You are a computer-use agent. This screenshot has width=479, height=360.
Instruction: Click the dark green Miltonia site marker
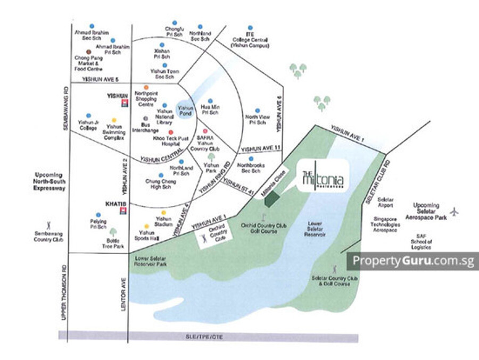(272, 198)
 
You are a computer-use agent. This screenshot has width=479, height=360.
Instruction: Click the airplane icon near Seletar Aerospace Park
(454, 212)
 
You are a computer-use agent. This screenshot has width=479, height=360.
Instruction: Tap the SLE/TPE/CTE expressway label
(208, 337)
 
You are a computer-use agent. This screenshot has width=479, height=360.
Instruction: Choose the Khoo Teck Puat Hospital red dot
(171, 132)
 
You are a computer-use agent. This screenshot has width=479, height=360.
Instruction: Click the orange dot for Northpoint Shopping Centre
(146, 87)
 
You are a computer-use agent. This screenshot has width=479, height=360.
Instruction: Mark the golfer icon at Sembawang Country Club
(49, 225)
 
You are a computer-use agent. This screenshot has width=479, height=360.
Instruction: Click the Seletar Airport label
(385, 202)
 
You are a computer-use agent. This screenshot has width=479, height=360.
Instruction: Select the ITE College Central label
(251, 39)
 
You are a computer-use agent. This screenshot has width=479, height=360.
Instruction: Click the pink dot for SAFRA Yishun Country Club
(205, 131)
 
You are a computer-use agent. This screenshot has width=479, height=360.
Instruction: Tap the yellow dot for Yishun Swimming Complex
(113, 120)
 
